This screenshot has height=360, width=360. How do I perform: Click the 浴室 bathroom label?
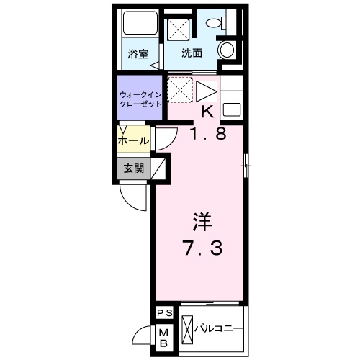click(x=138, y=53)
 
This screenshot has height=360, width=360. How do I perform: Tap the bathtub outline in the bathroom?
click(x=138, y=26)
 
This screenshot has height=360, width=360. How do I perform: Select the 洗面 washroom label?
click(x=191, y=53)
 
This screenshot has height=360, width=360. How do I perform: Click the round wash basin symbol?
click(x=228, y=50)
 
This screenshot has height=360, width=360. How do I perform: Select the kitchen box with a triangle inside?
click(x=207, y=92)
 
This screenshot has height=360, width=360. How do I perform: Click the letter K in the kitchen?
click(x=207, y=112)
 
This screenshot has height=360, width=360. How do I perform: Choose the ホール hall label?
click(x=135, y=140)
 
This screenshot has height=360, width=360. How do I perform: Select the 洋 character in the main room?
click(x=201, y=221)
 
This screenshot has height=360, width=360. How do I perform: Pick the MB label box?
click(x=163, y=336)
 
